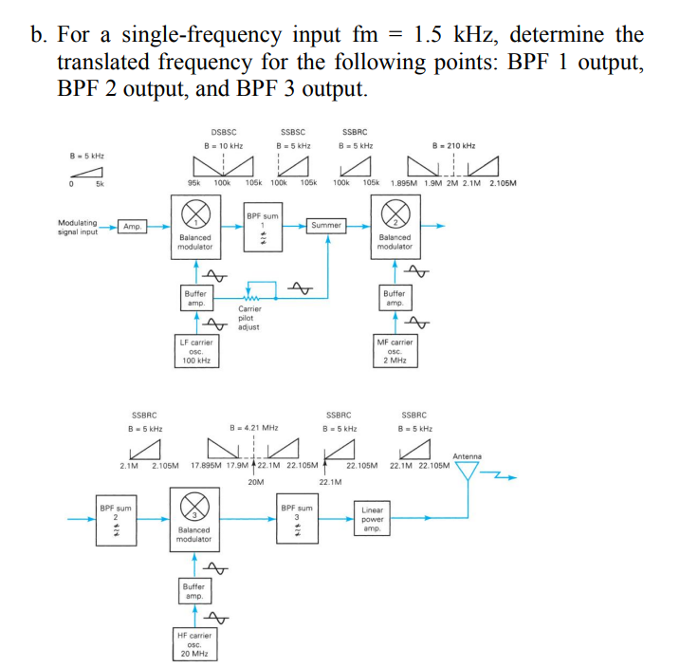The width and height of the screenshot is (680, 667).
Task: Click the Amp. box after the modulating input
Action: (x=132, y=227)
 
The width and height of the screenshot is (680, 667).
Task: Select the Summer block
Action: (x=326, y=226)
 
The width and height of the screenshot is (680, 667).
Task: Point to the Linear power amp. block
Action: (x=372, y=519)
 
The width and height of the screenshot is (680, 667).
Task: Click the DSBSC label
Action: (x=224, y=133)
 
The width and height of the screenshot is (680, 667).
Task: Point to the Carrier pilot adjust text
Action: (x=249, y=318)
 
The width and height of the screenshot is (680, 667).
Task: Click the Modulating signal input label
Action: (x=78, y=227)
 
